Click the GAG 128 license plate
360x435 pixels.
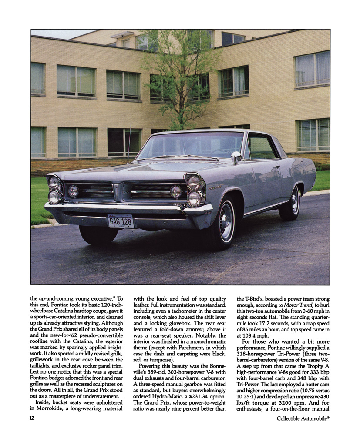120,221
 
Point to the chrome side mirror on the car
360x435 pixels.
236,157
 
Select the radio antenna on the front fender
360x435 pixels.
129,144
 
